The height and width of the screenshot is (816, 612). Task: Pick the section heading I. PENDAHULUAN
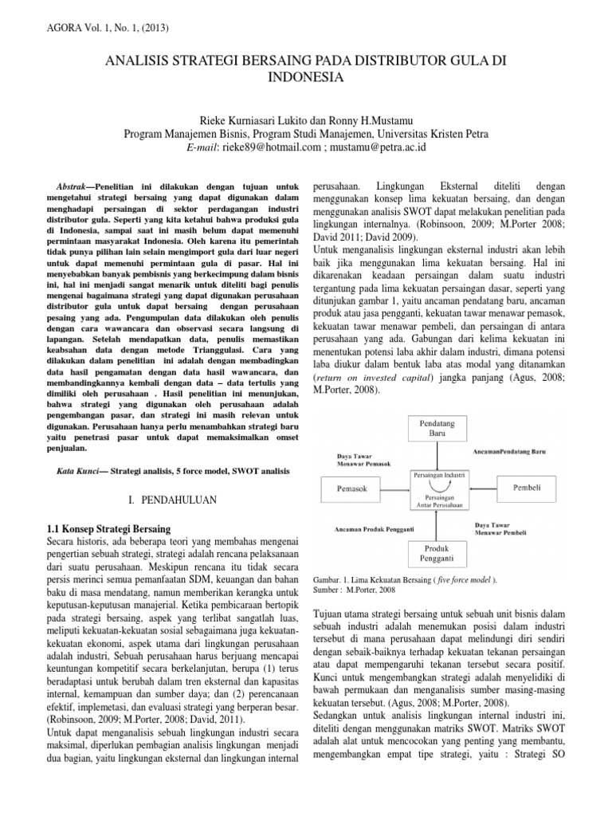pyautogui.click(x=167, y=500)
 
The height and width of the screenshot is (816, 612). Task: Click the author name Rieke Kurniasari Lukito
pyautogui.click(x=245, y=120)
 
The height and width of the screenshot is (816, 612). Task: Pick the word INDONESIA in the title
pyautogui.click(x=305, y=78)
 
